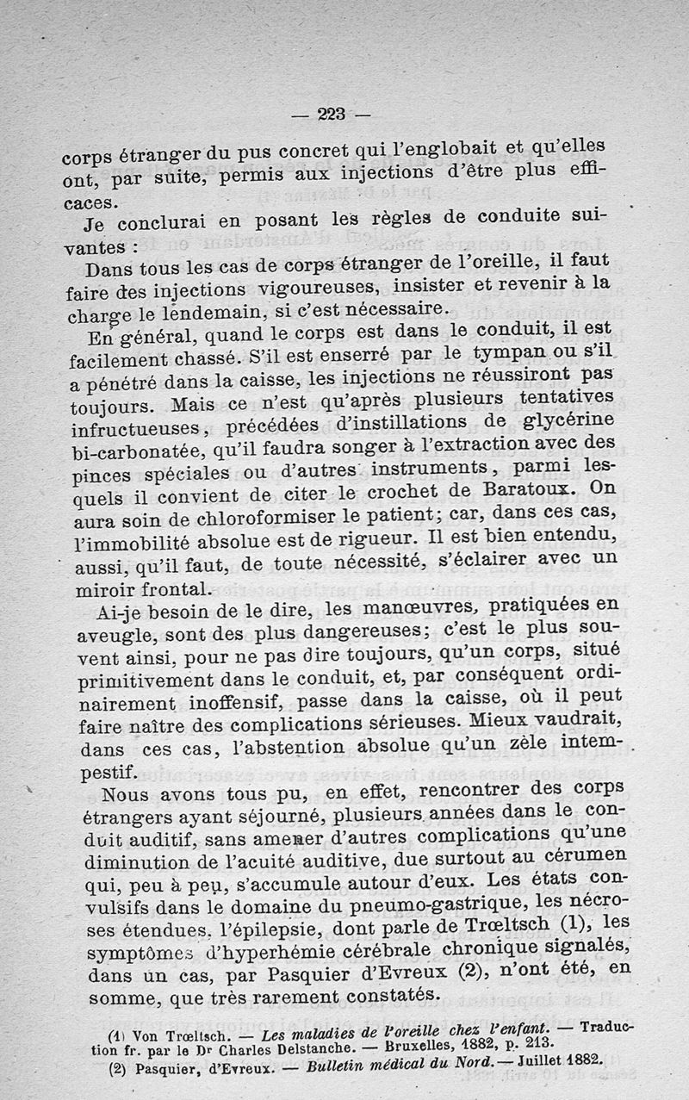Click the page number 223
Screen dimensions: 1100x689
tap(330, 112)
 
